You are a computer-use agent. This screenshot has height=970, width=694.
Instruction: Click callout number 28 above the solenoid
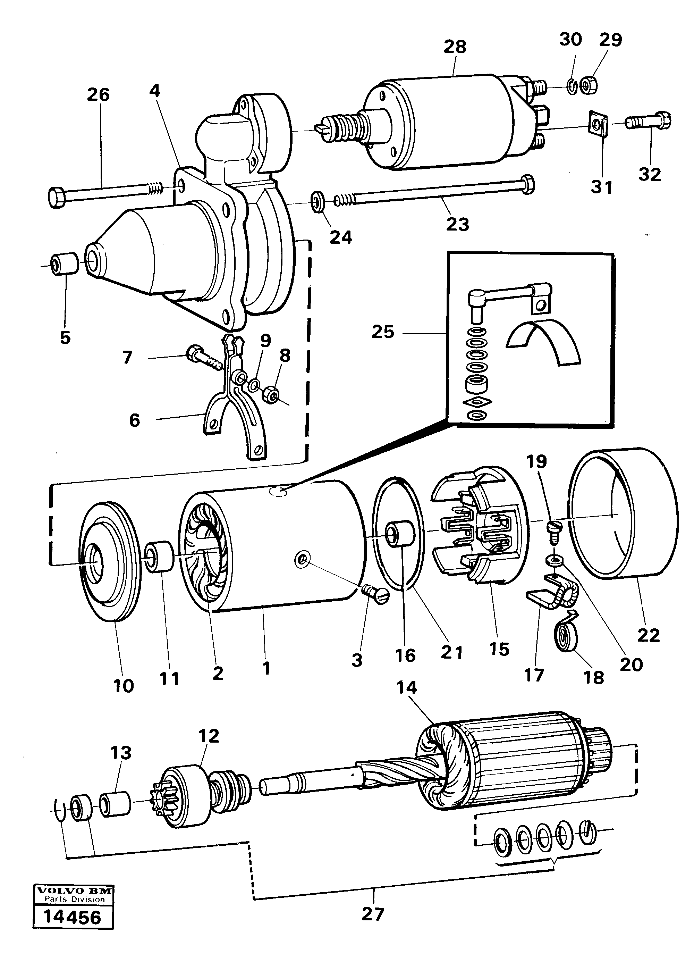click(x=455, y=47)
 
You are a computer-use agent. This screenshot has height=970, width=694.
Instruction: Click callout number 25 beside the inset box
click(x=382, y=332)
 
